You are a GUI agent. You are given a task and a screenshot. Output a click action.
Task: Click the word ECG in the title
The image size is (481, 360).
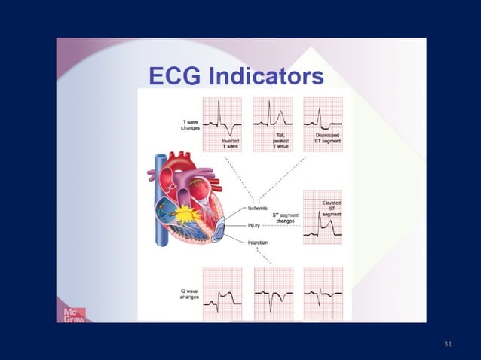tap(174, 76)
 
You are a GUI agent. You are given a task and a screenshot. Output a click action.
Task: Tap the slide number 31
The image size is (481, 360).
tap(449, 344)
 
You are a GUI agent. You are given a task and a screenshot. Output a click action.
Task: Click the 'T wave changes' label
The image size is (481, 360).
tap(190, 125)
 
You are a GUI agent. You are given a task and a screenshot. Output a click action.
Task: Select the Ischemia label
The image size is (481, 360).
tap(259, 207)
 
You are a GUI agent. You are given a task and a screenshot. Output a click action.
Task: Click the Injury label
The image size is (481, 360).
tap(256, 224)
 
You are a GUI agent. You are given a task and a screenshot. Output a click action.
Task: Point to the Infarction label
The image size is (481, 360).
tap(259, 242)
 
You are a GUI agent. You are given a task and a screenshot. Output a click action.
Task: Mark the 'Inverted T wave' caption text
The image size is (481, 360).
tap(231, 144)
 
